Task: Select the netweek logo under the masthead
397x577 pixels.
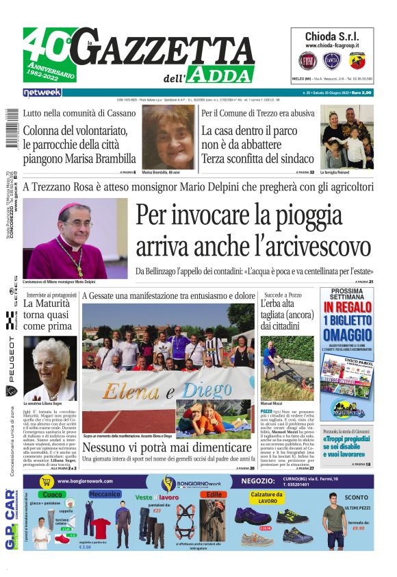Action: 42,93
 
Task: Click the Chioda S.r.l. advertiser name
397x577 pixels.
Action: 333,36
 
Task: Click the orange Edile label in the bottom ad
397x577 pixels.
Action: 214,494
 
